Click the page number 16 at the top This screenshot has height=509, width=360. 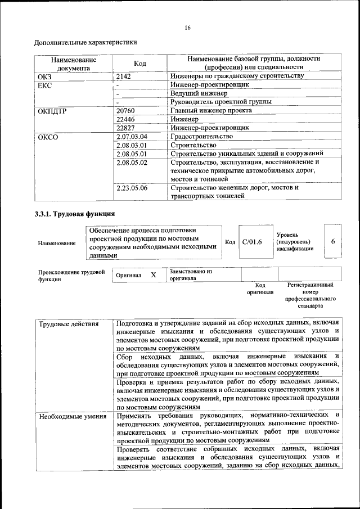coord(187,28)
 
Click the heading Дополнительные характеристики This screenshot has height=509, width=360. coord(85,42)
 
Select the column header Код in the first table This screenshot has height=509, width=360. coord(140,64)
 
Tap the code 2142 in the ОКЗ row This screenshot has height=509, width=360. coord(124,76)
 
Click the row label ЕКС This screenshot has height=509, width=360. coord(44,85)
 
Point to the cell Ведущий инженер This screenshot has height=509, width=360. coord(199,93)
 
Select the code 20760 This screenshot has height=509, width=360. coord(125,110)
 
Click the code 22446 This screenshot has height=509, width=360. coord(125,119)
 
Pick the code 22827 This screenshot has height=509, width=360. coord(125,128)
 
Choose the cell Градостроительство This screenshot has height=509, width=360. coord(201,137)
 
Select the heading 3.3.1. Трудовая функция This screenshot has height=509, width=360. coord(75,214)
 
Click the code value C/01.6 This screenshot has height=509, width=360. coord(252,242)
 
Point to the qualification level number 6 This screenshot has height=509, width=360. coord(333,241)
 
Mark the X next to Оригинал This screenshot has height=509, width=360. coord(153,275)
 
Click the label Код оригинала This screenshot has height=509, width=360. coord(259,289)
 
